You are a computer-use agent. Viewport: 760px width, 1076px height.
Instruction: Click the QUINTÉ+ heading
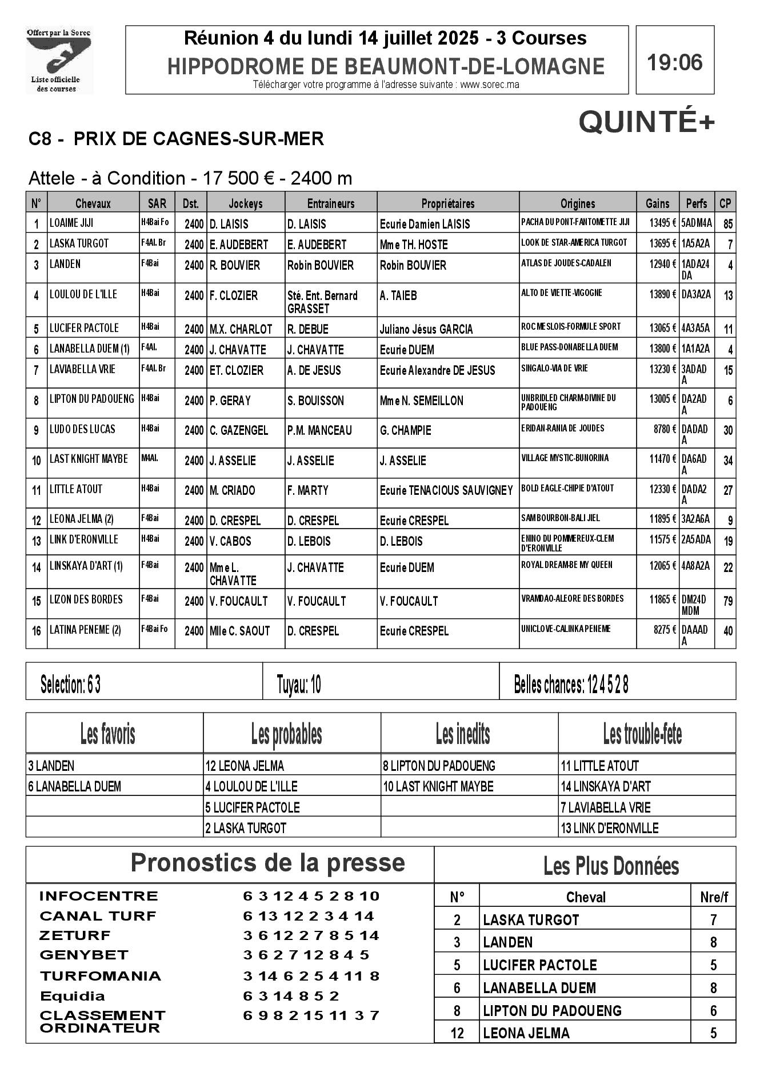pyautogui.click(x=647, y=122)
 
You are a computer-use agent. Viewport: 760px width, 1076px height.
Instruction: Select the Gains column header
pyautogui.click(x=657, y=203)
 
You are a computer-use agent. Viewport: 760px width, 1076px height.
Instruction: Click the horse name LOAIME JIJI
pyautogui.click(x=71, y=223)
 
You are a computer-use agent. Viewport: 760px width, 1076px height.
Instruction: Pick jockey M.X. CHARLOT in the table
pyautogui.click(x=241, y=329)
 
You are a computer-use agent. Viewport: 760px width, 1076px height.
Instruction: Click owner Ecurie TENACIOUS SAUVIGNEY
pyautogui.click(x=446, y=490)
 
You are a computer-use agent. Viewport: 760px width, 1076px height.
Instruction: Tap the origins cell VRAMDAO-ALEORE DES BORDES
pyautogui.click(x=572, y=599)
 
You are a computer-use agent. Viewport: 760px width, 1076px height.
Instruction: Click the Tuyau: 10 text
pyautogui.click(x=299, y=684)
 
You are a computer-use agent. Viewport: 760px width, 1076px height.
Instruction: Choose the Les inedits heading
pyautogui.click(x=463, y=734)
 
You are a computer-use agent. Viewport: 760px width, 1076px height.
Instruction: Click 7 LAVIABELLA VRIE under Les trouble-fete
pyautogui.click(x=605, y=807)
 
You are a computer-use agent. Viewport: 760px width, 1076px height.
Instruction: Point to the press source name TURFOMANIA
pyautogui.click(x=101, y=975)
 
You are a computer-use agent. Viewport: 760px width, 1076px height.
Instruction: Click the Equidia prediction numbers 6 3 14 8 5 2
pyautogui.click(x=291, y=995)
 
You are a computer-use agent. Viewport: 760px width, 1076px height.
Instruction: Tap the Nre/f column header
pyautogui.click(x=714, y=897)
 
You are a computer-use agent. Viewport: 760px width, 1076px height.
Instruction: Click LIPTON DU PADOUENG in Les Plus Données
pyautogui.click(x=552, y=1010)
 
